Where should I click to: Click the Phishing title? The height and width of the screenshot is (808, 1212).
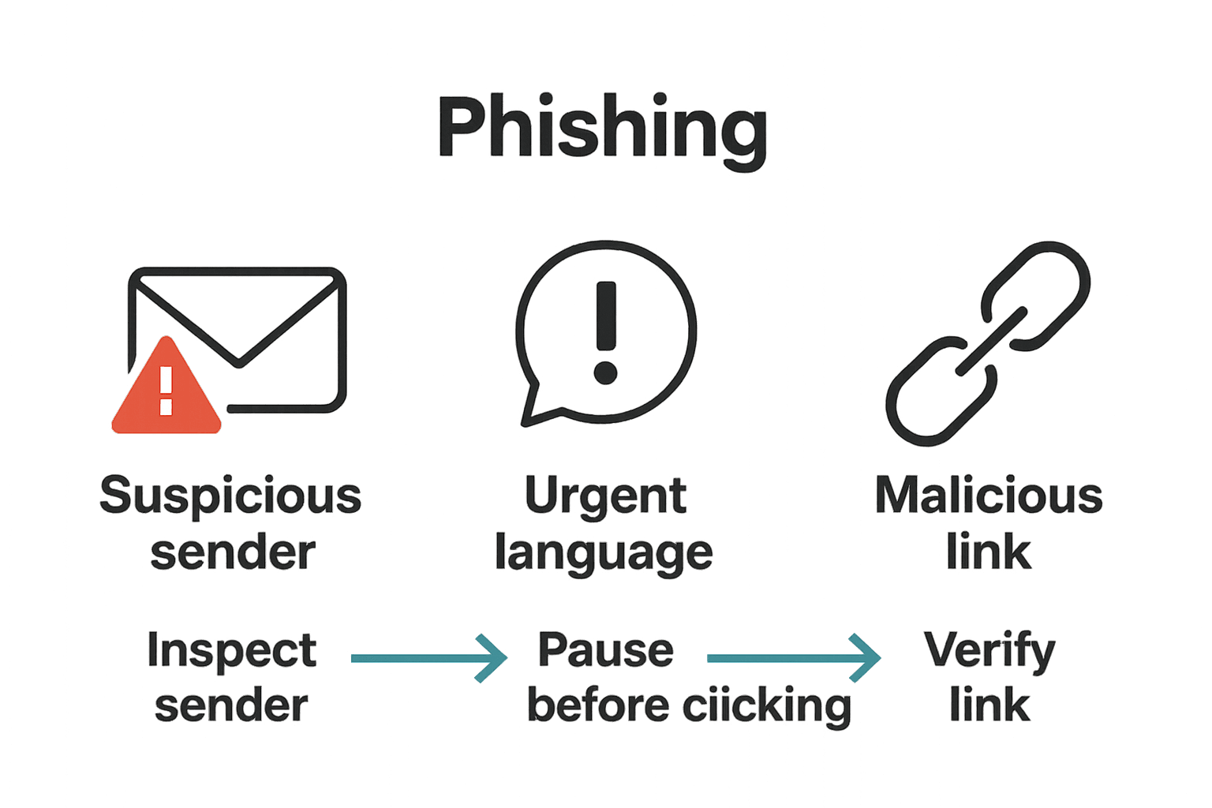coord(602,128)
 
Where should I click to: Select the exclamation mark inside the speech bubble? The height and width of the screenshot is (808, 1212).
coord(605,331)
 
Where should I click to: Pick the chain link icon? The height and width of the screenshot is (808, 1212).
coord(989,343)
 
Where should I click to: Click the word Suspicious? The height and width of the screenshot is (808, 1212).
coord(230,496)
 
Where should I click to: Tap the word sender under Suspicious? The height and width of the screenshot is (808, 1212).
coord(233,552)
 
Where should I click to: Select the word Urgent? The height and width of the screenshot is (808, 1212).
coord(605,496)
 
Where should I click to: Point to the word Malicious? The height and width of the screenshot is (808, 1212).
coord(989,496)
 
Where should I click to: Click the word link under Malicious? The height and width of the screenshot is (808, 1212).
coord(989,552)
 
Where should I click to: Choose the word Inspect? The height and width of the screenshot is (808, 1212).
coord(231,651)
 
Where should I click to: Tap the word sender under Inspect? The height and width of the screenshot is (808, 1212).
coord(231,705)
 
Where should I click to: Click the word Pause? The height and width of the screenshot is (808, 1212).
coord(605,651)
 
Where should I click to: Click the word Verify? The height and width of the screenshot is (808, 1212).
coord(989,651)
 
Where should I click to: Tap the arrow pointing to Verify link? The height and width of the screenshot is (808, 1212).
coord(793,657)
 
